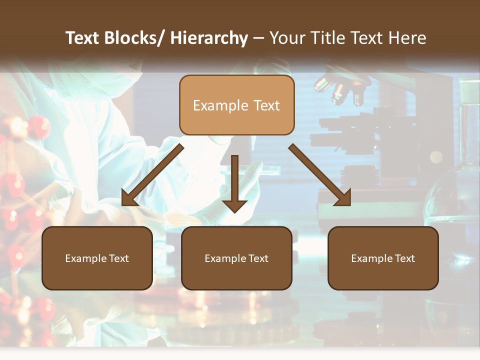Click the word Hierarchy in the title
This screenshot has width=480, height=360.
coord(209,38)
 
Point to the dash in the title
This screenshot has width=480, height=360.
coord(258,38)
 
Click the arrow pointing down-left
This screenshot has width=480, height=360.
coord(152,175)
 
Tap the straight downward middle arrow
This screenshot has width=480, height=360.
coord(234,182)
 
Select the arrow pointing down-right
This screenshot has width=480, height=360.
coord(320,175)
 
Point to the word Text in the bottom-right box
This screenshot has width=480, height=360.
coord(403,258)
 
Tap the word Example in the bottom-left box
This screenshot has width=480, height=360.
coord(85,258)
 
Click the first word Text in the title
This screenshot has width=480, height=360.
coord(83,38)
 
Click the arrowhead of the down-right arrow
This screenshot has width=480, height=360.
coord(343,197)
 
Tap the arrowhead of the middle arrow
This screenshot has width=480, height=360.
coord(234,205)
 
